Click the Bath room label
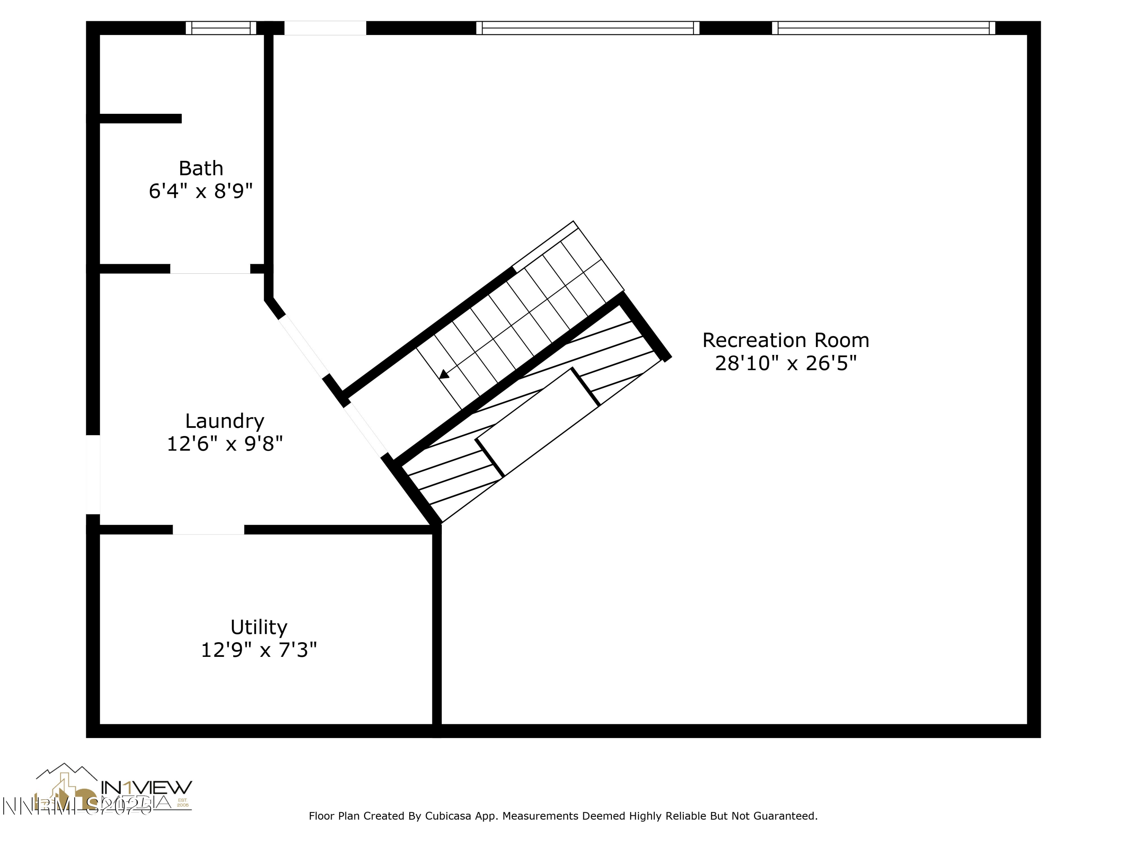[x=201, y=169]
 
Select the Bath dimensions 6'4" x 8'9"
[x=201, y=192]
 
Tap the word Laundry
[x=224, y=421]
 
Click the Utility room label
[x=258, y=627]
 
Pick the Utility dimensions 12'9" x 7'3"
[x=259, y=650]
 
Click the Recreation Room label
[x=785, y=340]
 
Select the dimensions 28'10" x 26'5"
[x=785, y=364]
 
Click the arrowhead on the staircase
[x=444, y=374]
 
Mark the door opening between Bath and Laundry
[x=210, y=269]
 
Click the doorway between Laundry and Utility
[x=208, y=530]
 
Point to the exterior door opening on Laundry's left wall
[x=93, y=475]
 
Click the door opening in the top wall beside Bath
[x=325, y=28]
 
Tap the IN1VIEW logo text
[x=147, y=788]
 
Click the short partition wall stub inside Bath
[x=140, y=119]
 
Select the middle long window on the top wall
[x=588, y=28]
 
